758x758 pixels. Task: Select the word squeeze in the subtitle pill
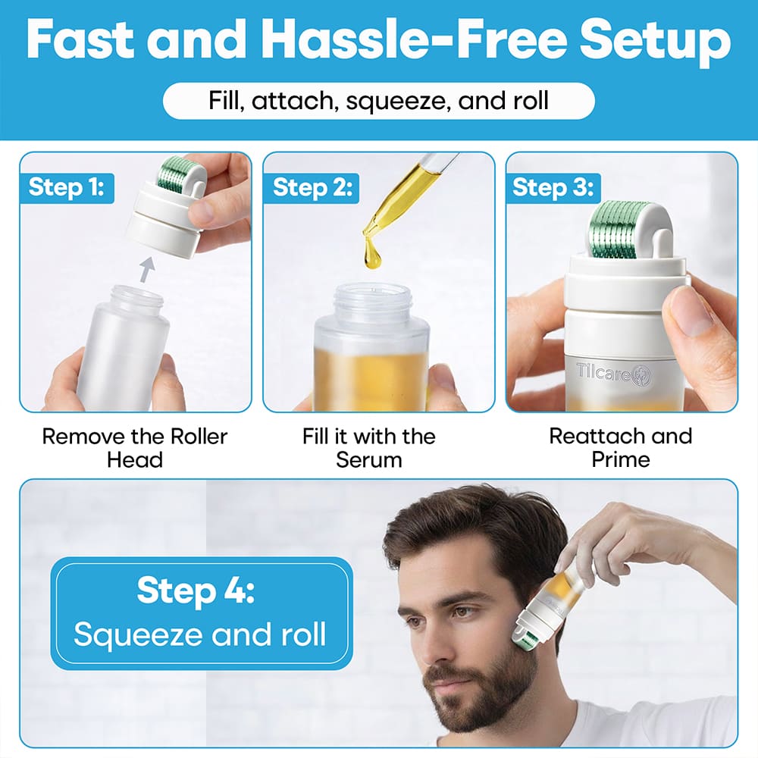pyautogui.click(x=393, y=100)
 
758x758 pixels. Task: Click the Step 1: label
pyautogui.click(x=67, y=187)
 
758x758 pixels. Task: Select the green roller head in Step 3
pyautogui.click(x=625, y=225)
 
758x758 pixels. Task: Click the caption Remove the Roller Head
pyautogui.click(x=134, y=447)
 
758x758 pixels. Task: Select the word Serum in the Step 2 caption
pyautogui.click(x=368, y=459)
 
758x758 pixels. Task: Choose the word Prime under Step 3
pyautogui.click(x=621, y=459)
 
